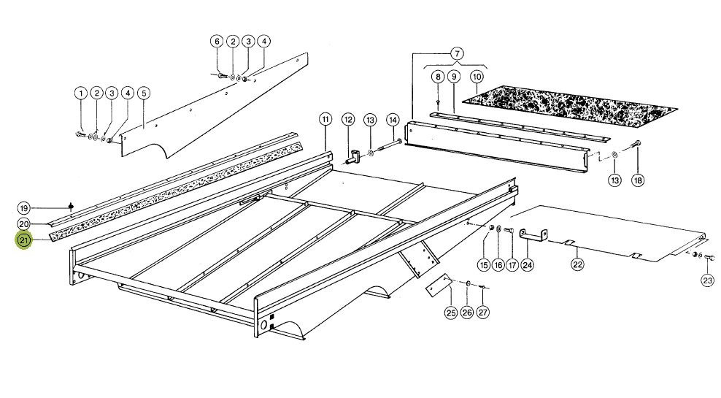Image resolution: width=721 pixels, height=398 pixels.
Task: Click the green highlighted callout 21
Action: pyautogui.click(x=23, y=240)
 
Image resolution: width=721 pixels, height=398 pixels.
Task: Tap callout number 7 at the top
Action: pyautogui.click(x=457, y=53)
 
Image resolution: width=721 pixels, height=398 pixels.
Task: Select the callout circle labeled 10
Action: pyautogui.click(x=477, y=76)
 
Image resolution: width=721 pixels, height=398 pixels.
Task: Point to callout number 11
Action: pyautogui.click(x=325, y=120)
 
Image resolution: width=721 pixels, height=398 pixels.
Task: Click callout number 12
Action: pyautogui.click(x=348, y=120)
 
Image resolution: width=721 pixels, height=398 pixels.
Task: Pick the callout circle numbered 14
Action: pyautogui.click(x=392, y=120)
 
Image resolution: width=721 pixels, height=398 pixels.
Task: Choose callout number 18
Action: pyautogui.click(x=638, y=180)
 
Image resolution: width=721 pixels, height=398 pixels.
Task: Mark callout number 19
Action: pyautogui.click(x=24, y=208)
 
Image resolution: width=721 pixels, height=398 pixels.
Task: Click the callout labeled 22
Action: pyautogui.click(x=577, y=264)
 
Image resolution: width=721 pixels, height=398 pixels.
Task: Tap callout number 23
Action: pyautogui.click(x=708, y=280)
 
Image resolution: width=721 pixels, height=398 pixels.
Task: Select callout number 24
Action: pyautogui.click(x=528, y=264)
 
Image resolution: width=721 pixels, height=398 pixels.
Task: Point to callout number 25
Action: pyautogui.click(x=451, y=313)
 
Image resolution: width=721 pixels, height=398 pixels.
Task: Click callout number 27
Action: pyautogui.click(x=482, y=313)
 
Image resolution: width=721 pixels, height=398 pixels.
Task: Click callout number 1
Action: pyautogui.click(x=81, y=93)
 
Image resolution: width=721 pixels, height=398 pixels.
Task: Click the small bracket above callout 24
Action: pyautogui.click(x=533, y=234)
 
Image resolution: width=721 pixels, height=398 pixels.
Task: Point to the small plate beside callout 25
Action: pyautogui.click(x=437, y=286)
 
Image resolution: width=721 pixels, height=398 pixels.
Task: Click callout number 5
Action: pyautogui.click(x=144, y=93)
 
